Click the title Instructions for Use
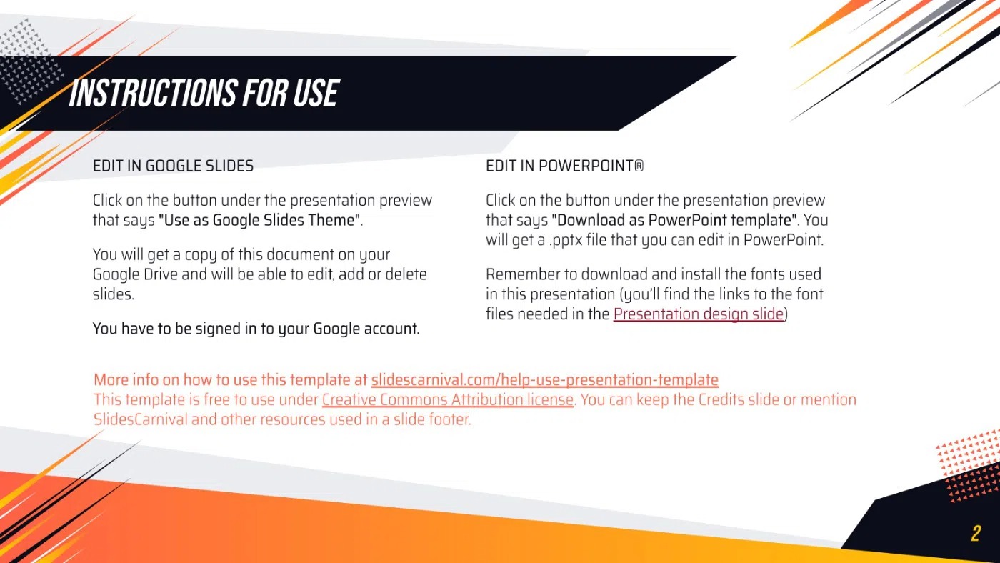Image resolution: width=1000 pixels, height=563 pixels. pyautogui.click(x=204, y=93)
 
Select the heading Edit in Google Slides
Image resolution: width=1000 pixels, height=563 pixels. pyautogui.click(x=173, y=166)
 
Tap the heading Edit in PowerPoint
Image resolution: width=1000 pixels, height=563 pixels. pyautogui.click(x=565, y=166)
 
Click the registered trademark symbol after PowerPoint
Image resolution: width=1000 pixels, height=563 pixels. pyautogui.click(x=639, y=166)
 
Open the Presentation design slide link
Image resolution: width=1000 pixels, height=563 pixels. pyautogui.click(x=699, y=314)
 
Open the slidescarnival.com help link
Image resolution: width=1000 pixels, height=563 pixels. pyautogui.click(x=544, y=380)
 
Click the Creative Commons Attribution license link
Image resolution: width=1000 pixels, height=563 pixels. pyautogui.click(x=447, y=399)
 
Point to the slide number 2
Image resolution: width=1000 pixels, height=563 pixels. pyautogui.click(x=976, y=533)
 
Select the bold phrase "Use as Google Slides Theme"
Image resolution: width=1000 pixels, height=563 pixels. pyautogui.click(x=259, y=220)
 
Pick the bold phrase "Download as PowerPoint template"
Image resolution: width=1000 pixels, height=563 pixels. pyautogui.click(x=674, y=220)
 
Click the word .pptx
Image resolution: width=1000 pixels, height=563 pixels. pyautogui.click(x=566, y=241)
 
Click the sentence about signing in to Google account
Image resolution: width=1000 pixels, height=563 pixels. pyautogui.click(x=256, y=329)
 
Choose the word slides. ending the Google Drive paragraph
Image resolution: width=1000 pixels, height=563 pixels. pyautogui.click(x=114, y=294)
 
